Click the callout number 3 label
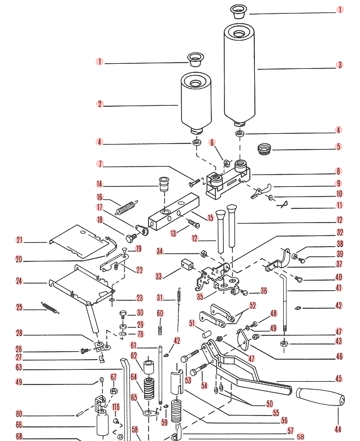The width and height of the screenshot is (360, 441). (x=340, y=65)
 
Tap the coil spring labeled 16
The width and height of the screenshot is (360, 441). (x=127, y=208)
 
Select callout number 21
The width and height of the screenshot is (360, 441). (x=19, y=241)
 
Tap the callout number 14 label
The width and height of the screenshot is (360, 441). (x=99, y=184)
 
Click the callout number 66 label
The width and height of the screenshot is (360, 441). (x=19, y=425)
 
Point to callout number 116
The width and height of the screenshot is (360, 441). (x=116, y=407)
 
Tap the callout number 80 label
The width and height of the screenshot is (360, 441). (x=19, y=414)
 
